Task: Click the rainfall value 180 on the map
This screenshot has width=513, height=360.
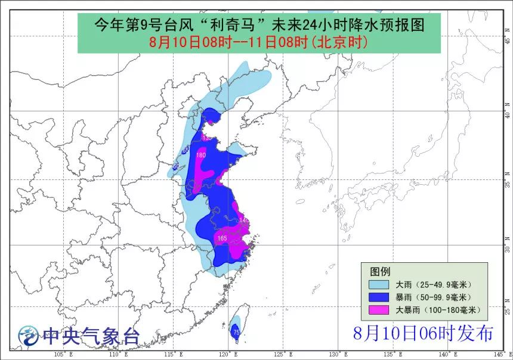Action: coord(201,156)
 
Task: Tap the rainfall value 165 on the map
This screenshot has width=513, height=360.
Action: coord(222,238)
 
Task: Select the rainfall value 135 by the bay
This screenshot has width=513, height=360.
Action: coord(208,138)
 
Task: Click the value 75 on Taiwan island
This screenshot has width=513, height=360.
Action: coord(236,333)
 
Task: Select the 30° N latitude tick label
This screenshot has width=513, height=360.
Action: coord(508,245)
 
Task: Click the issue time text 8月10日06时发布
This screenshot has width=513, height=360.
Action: coord(422,334)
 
